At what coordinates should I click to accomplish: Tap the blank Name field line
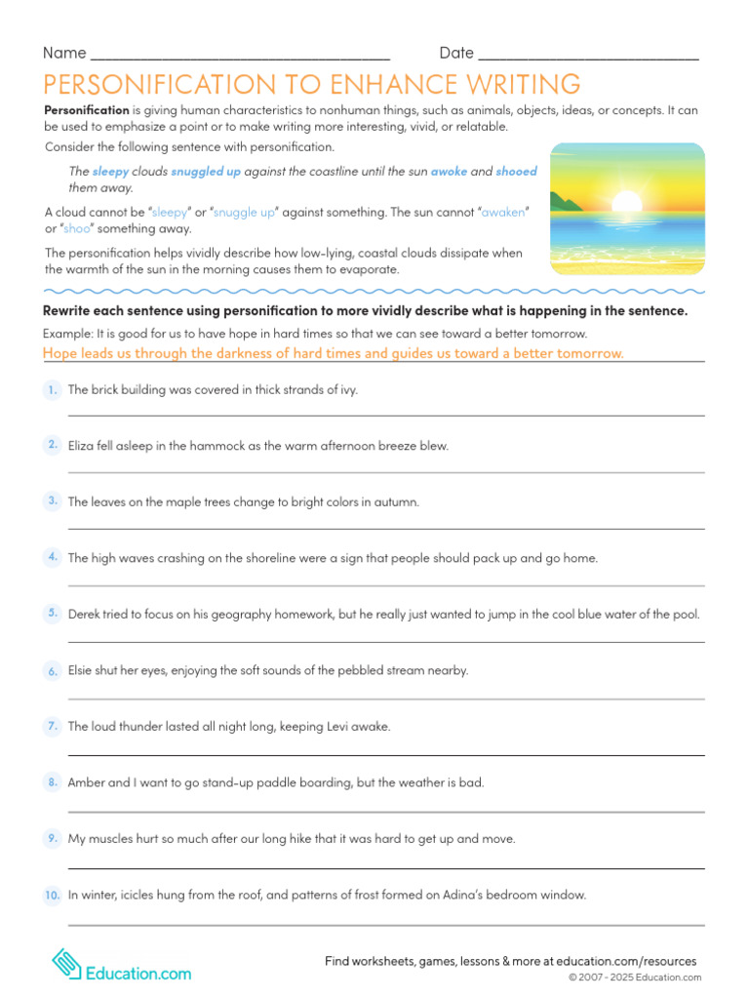239,57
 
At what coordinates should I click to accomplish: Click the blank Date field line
588,57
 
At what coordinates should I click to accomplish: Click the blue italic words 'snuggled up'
206,171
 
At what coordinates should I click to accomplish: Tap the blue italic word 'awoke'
450,171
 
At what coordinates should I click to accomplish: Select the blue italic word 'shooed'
516,171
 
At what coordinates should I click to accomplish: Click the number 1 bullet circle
52,390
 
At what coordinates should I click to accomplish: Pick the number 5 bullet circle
52,614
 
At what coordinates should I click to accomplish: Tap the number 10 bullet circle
52,895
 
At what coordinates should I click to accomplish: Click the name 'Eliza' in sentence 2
83,446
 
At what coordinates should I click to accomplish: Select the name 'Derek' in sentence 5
86,615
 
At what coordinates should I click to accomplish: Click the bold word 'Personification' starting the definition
87,110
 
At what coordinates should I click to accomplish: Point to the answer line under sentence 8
385,812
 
